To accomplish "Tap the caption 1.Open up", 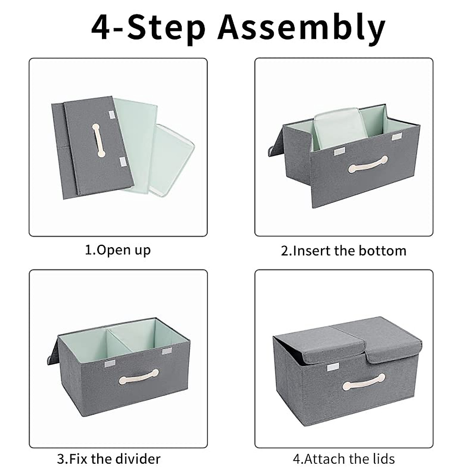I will click(x=118, y=250).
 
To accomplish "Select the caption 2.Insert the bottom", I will click(x=344, y=251).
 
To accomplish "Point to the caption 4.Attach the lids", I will click(x=344, y=459).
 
